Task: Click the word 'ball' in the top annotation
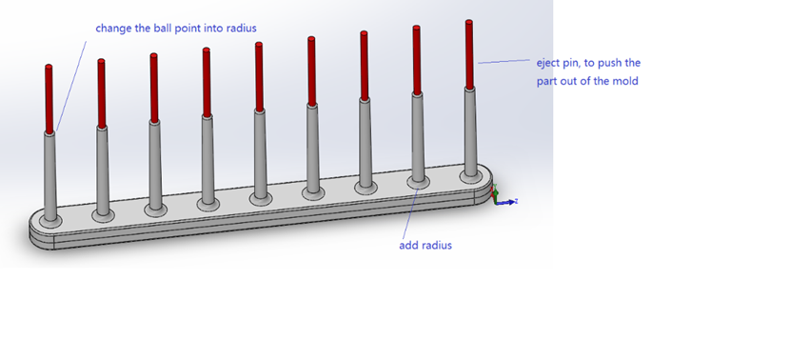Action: [x=160, y=28]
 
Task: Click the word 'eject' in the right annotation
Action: [x=547, y=64]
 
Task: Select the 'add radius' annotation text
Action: [x=425, y=246]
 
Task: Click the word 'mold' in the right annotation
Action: [x=625, y=81]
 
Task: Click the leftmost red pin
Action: [x=49, y=99]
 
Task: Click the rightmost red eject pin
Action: [x=469, y=55]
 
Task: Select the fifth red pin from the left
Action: [x=259, y=77]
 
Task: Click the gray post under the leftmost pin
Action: [x=50, y=177]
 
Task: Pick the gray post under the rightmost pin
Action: [x=470, y=132]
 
